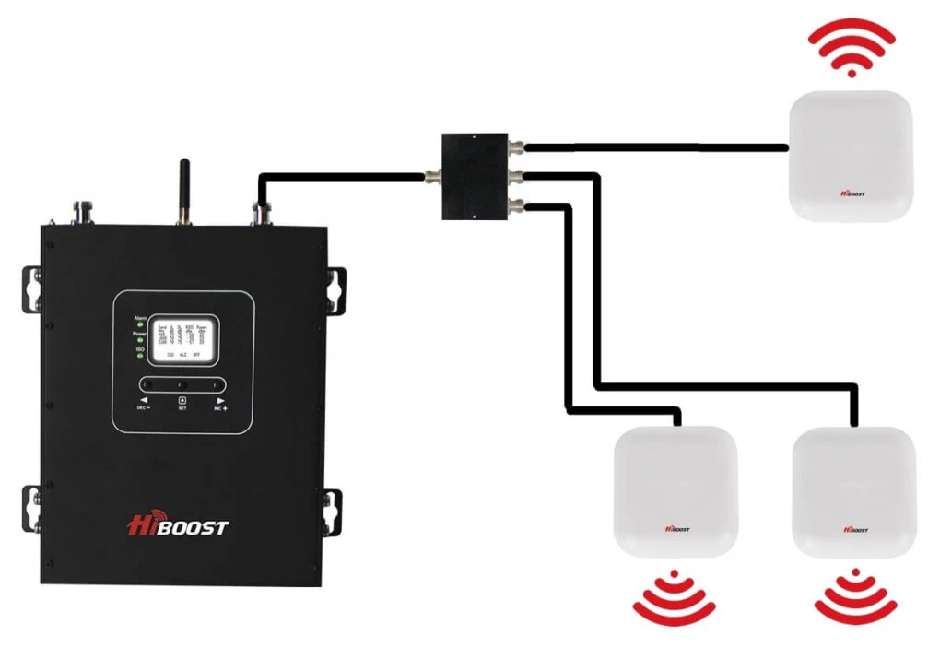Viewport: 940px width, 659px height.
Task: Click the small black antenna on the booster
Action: tap(183, 188)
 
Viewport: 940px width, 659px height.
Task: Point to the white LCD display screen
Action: tap(185, 337)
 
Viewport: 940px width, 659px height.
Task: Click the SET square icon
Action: tap(182, 400)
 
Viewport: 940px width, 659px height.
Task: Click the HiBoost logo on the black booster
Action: tap(176, 526)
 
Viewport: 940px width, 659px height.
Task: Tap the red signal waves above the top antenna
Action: tap(850, 46)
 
